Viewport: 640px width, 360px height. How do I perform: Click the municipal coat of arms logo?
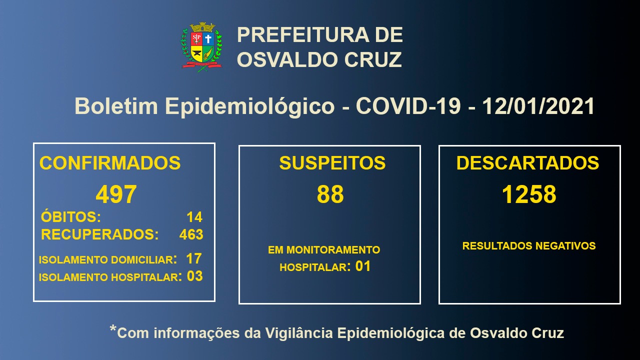(x=201, y=47)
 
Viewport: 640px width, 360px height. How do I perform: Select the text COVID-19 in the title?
(x=408, y=106)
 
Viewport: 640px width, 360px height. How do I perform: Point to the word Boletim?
(x=116, y=106)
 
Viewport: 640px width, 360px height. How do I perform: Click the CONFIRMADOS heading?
(x=110, y=163)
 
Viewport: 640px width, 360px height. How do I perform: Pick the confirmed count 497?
(x=116, y=194)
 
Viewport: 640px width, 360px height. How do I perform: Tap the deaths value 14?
(x=194, y=217)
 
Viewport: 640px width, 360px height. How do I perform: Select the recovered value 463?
(x=191, y=234)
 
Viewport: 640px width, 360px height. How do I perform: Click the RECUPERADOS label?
(x=99, y=234)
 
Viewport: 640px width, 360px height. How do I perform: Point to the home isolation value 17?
(x=193, y=258)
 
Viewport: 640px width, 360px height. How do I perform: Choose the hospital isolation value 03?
(x=195, y=276)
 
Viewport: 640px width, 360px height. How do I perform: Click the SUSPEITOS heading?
(x=332, y=163)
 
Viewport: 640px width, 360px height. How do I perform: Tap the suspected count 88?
(x=330, y=194)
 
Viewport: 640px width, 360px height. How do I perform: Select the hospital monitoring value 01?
(x=363, y=266)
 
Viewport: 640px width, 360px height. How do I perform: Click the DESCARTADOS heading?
(x=527, y=163)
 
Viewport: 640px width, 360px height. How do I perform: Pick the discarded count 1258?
(x=529, y=194)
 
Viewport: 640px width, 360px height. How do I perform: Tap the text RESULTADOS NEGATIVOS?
(x=529, y=245)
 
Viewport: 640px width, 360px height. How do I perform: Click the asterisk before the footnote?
(x=113, y=328)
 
